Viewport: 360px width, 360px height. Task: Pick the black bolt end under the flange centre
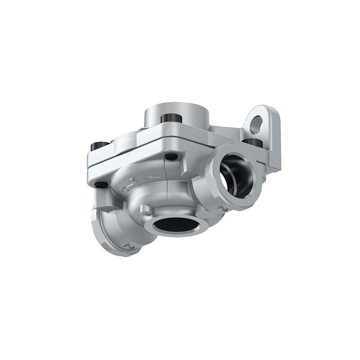[171, 157]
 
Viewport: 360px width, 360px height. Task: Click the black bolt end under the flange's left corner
[101, 184]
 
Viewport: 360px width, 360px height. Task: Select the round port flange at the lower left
[115, 234]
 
